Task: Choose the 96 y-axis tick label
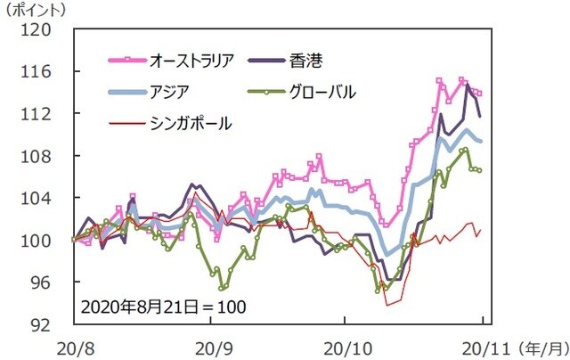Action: [43, 282]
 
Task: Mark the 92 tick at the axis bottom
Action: [43, 324]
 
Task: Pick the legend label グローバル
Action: [322, 92]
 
